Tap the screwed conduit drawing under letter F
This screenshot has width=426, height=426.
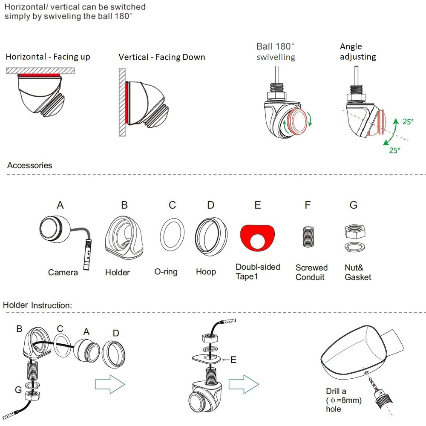[308, 236]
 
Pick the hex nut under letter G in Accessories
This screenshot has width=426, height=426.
[355, 232]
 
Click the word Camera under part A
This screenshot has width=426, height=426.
[63, 272]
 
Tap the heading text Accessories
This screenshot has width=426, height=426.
[30, 165]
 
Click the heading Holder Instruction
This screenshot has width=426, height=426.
[37, 305]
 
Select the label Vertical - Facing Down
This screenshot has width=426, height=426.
[162, 57]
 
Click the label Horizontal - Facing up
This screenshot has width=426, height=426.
[48, 57]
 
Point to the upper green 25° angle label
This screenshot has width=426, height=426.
[408, 121]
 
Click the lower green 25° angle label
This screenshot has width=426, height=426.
[395, 150]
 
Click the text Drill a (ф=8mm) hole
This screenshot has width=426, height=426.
[344, 400]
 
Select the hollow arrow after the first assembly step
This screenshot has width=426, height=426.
[110, 384]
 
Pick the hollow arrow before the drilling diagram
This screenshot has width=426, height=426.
[244, 384]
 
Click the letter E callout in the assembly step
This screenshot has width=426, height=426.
[233, 360]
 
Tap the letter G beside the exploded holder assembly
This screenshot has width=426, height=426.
[18, 390]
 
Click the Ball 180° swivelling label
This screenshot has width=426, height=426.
[276, 52]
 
